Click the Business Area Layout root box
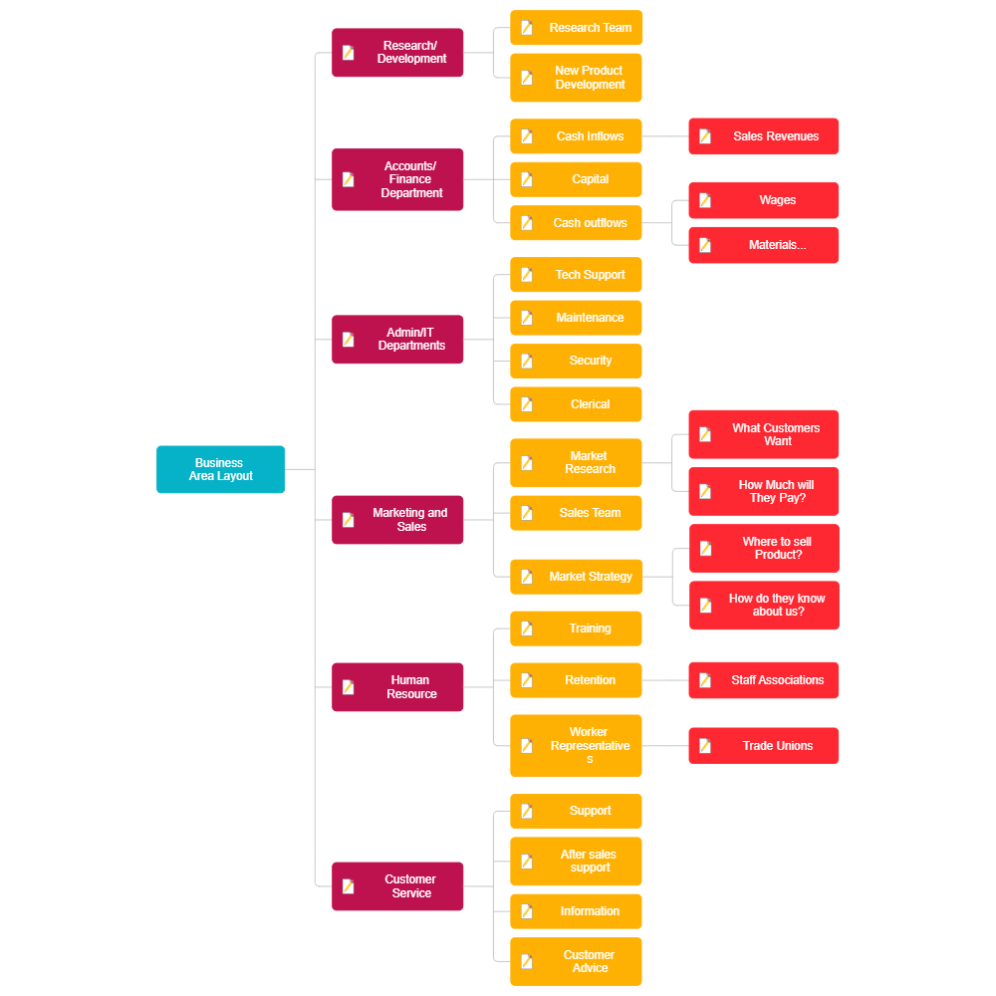tap(221, 469)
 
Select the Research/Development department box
tap(397, 53)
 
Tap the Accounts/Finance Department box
tap(397, 179)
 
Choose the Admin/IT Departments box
tap(397, 340)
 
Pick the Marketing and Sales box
tap(397, 520)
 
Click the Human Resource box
tap(397, 687)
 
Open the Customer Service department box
tap(397, 886)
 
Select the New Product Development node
tap(576, 78)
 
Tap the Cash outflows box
tap(576, 223)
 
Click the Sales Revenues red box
tap(764, 136)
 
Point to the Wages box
tap(764, 200)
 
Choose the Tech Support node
tap(576, 275)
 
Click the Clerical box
tap(576, 404)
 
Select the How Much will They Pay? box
tap(764, 491)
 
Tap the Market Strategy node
tap(576, 577)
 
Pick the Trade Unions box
tap(764, 746)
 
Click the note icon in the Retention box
tap(527, 680)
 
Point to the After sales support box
tap(576, 862)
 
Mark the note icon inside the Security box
tap(527, 362)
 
